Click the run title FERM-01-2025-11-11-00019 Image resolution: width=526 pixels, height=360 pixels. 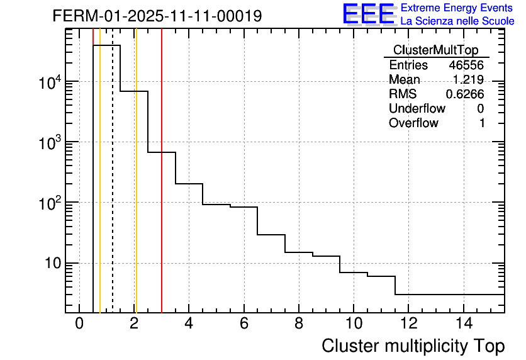(x=157, y=16)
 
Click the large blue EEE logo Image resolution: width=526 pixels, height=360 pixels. (x=368, y=14)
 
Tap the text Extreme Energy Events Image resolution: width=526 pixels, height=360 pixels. (x=457, y=8)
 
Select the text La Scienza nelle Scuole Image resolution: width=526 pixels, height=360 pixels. (x=457, y=21)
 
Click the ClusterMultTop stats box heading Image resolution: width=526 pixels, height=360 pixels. (x=435, y=50)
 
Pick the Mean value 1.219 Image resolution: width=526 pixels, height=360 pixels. (x=468, y=80)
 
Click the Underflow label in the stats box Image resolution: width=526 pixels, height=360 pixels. (x=417, y=108)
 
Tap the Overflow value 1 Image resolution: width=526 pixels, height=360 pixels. (x=482, y=123)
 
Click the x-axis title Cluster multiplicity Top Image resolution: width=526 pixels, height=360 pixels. (x=413, y=346)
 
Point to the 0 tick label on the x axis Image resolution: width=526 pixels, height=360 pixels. (x=79, y=324)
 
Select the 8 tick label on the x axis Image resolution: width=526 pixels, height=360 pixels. (x=299, y=324)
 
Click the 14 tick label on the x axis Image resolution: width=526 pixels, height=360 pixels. (x=463, y=324)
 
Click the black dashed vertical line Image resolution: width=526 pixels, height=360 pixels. (x=113, y=189)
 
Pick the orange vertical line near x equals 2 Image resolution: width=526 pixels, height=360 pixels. (x=135, y=189)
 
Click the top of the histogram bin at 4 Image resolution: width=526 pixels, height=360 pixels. (x=189, y=184)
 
